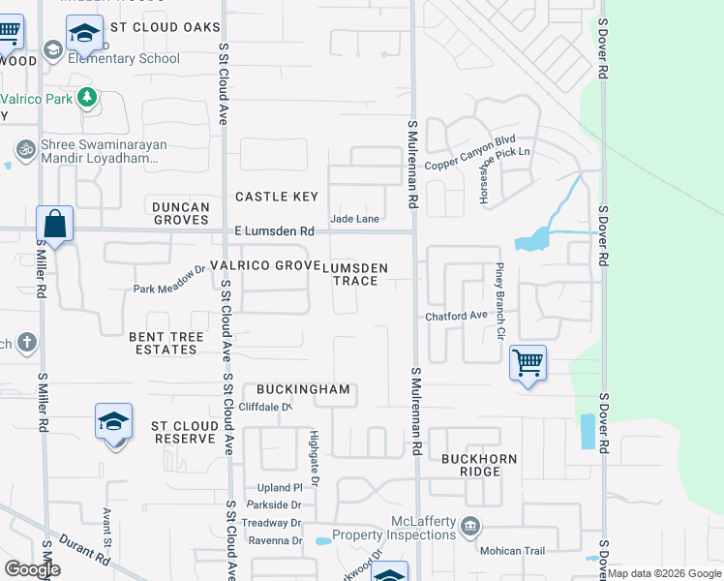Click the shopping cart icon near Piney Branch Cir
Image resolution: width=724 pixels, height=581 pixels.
528,364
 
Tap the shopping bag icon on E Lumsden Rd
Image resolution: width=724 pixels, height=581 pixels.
55,224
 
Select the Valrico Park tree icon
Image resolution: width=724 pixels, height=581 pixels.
87,97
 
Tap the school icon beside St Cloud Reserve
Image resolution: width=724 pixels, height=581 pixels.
113,422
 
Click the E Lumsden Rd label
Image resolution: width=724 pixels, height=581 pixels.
275,231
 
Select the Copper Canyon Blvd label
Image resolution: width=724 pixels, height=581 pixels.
470,139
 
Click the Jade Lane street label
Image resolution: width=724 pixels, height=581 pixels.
354,219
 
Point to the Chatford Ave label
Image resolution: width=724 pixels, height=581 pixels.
456,316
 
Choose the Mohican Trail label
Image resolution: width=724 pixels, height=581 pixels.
513,551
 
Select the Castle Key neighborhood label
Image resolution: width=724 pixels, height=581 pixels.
277,197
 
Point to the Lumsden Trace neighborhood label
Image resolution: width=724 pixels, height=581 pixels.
360,274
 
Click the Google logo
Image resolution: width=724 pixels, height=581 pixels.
32,569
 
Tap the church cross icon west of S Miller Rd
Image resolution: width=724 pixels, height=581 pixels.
26,342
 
